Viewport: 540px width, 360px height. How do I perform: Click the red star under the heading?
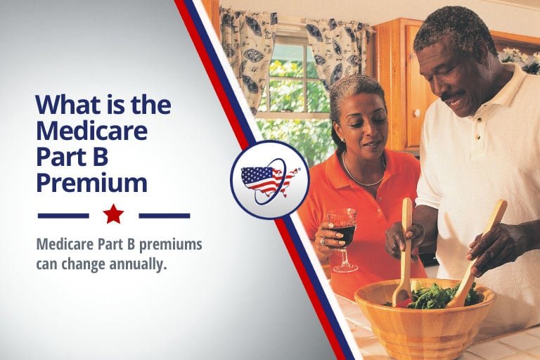[113, 214]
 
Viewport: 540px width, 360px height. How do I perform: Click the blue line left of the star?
[63, 215]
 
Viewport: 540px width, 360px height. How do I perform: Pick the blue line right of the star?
[165, 215]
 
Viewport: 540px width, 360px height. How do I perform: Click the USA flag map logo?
[270, 181]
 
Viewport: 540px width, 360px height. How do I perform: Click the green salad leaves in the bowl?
[436, 295]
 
